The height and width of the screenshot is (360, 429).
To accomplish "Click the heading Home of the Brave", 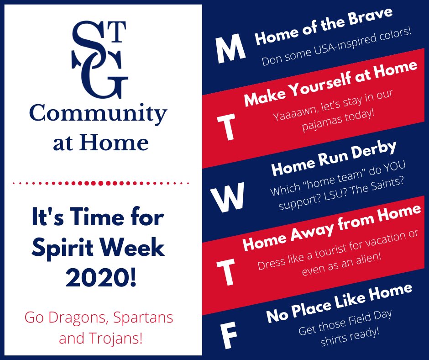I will click(324, 26).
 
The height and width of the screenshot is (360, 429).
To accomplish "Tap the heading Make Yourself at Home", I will click(330, 83).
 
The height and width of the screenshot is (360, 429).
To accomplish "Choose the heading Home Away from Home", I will click(332, 227).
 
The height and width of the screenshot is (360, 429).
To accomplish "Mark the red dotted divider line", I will click(101, 183).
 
